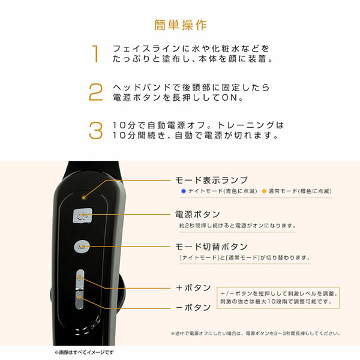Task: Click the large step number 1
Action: point(95,55)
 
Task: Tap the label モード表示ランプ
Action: point(211,179)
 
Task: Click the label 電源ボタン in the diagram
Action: point(197,214)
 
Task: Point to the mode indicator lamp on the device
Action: point(84,195)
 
